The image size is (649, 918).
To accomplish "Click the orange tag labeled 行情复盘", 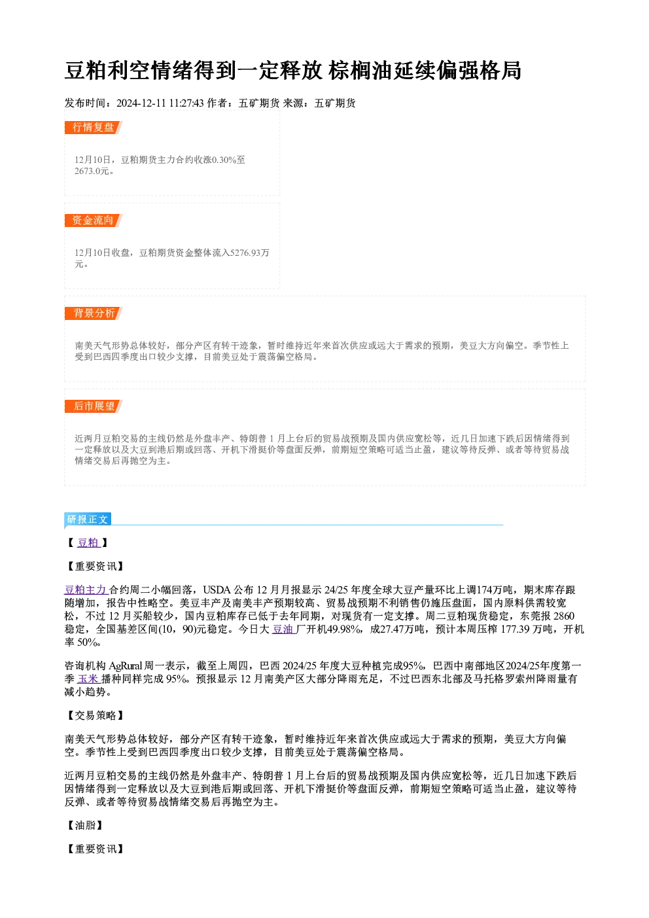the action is point(93,128).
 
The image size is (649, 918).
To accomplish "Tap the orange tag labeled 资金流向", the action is point(93,221).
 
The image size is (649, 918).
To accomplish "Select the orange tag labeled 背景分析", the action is point(93,313).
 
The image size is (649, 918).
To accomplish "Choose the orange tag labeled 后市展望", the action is point(93,406).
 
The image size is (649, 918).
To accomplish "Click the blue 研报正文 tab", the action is point(87,520).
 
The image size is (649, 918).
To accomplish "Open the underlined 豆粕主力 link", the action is point(86,590).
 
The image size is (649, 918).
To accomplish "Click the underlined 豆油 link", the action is point(283,629).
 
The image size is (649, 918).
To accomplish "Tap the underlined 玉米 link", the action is point(89,679).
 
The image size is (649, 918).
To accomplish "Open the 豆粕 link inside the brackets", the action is point(89,542).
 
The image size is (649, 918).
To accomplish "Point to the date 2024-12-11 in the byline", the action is point(141,103).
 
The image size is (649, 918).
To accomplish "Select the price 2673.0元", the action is point(92,171).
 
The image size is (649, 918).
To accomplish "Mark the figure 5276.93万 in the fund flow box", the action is point(249,253).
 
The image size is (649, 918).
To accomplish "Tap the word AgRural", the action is point(126,666).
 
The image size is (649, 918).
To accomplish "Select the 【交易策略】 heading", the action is point(95,716).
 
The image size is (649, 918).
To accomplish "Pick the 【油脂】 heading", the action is point(84,825).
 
